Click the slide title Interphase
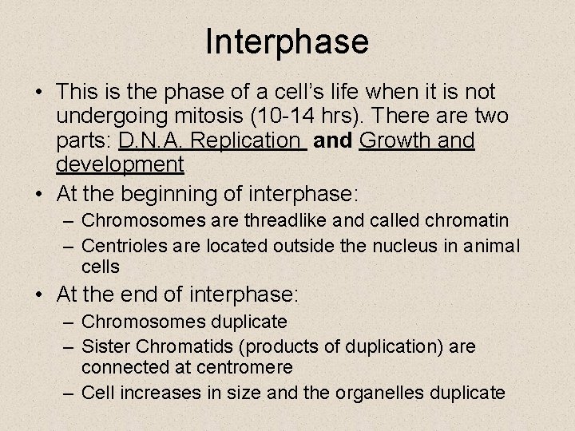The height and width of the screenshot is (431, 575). point(287,42)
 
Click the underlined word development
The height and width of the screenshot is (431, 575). point(120,165)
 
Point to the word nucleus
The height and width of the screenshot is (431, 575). point(399,246)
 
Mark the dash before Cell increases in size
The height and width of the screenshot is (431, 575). point(69,393)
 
